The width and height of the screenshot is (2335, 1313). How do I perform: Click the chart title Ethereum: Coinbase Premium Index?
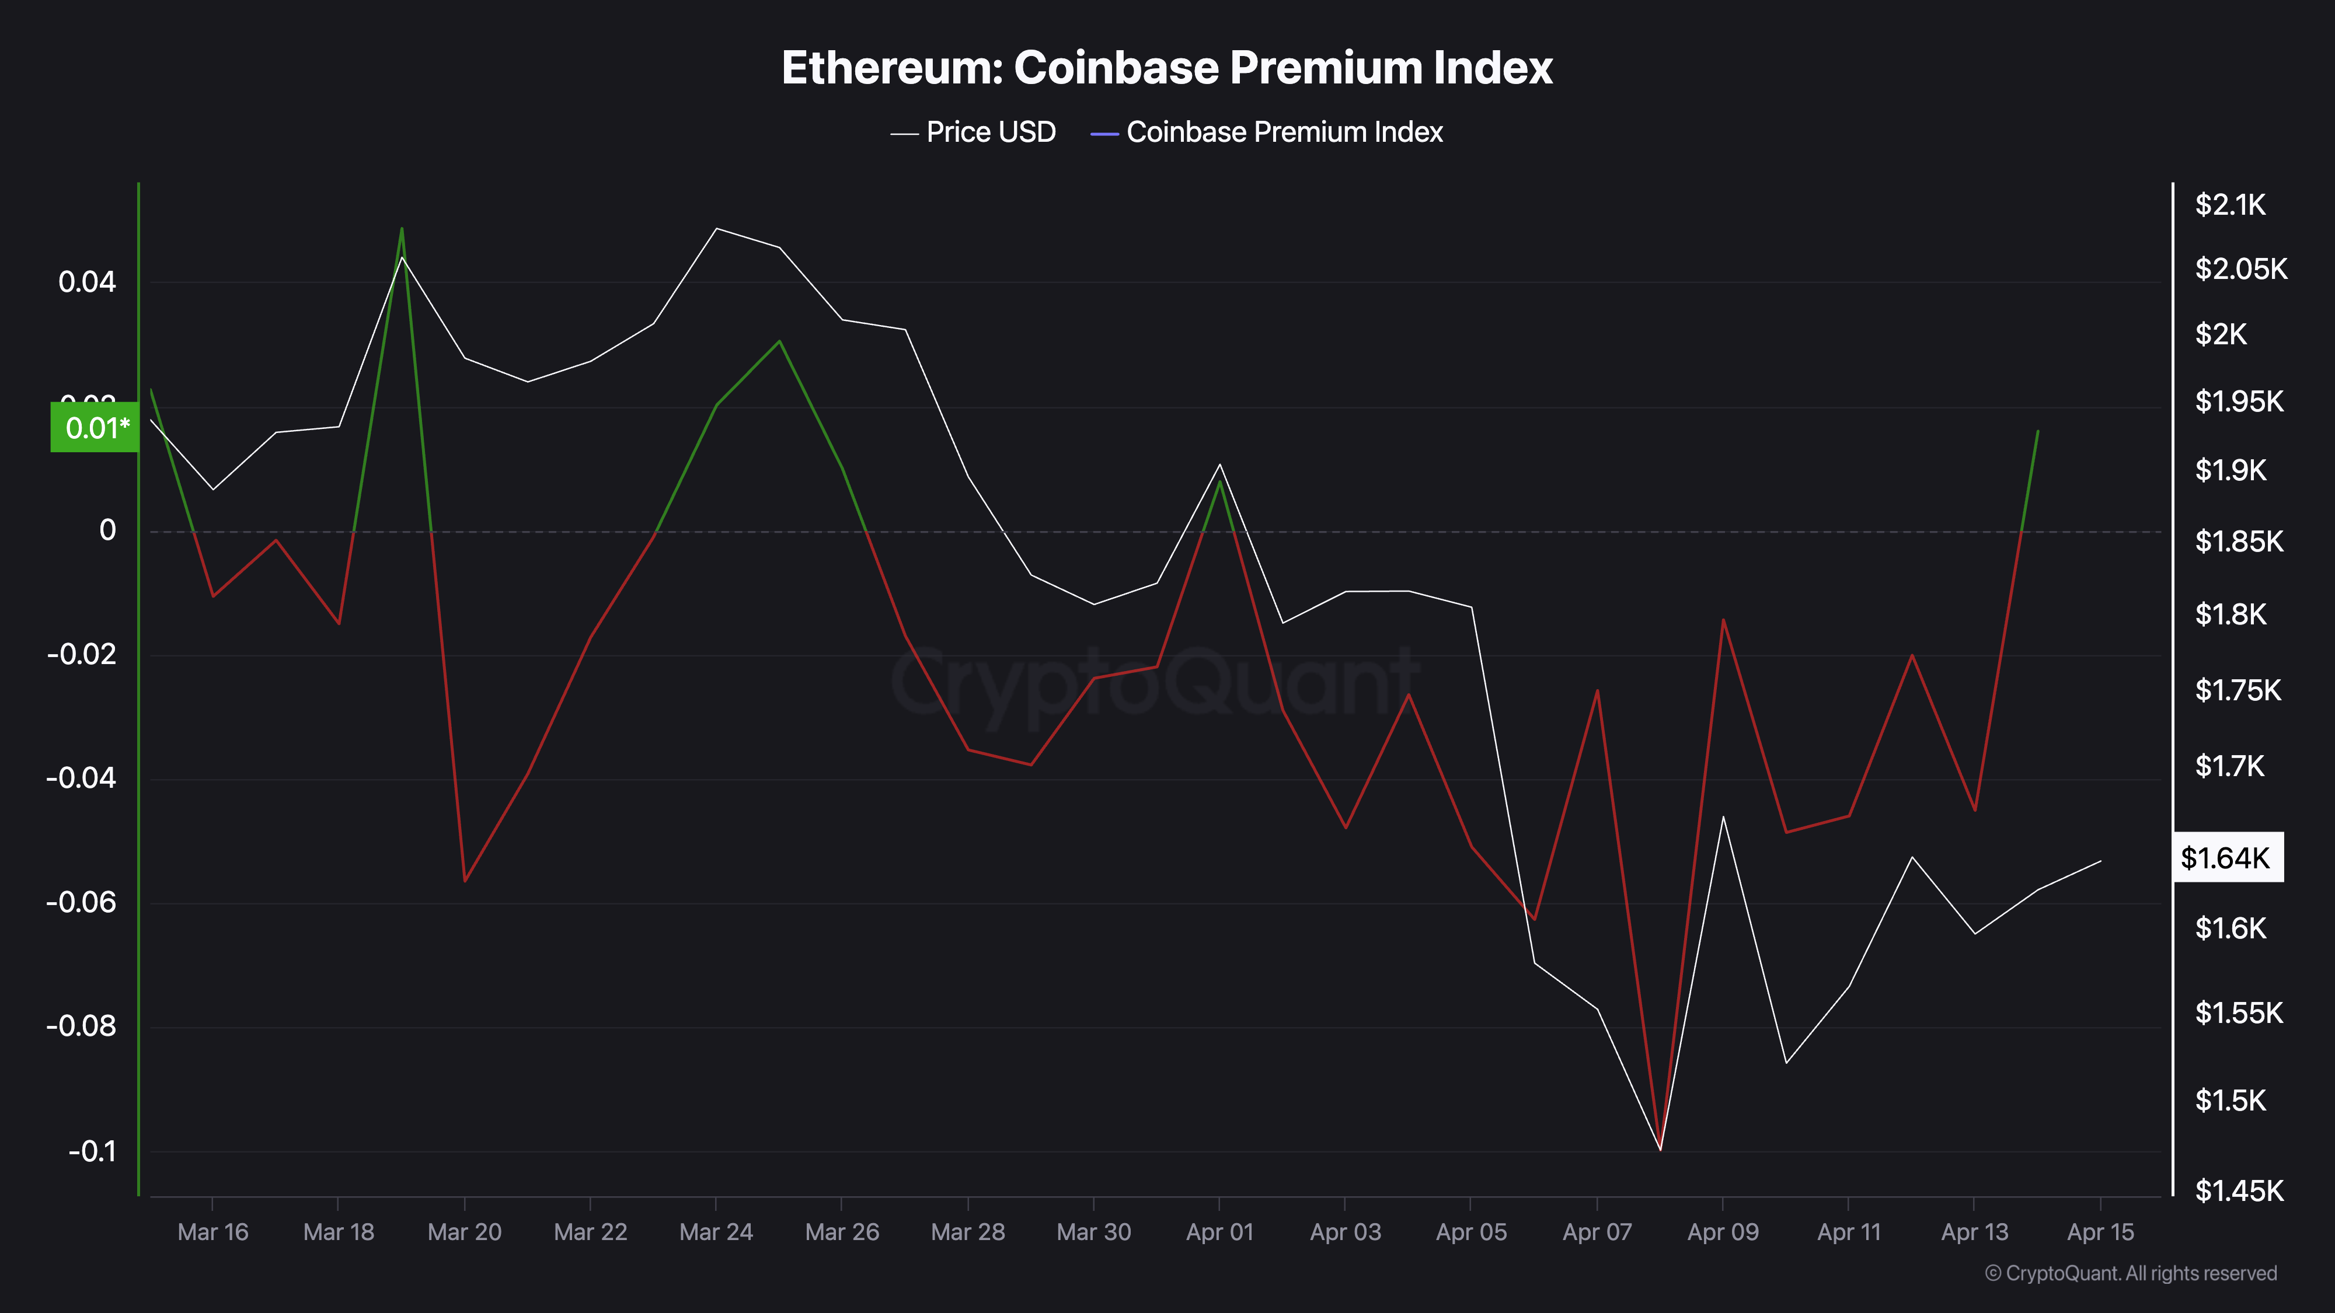pos(1166,68)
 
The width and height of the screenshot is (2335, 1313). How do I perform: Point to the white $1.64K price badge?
pos(2227,857)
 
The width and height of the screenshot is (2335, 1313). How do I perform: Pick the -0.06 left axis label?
pos(82,903)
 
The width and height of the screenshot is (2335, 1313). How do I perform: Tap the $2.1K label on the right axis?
pos(2230,205)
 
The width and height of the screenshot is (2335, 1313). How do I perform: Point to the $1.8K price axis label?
pos(2230,615)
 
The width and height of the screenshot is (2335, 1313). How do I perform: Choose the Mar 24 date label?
pos(716,1232)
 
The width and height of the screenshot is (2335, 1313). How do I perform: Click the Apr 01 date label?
pos(1219,1232)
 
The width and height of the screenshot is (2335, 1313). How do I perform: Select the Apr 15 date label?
pos(2100,1232)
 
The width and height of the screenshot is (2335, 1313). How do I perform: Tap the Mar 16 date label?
pos(212,1232)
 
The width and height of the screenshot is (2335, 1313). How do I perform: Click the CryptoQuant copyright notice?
pos(2130,1273)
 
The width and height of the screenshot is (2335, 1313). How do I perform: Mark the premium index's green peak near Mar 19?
pos(402,228)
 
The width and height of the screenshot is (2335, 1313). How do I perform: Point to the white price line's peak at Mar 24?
pos(716,228)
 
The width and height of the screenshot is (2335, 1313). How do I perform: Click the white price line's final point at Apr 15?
pos(2100,861)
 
